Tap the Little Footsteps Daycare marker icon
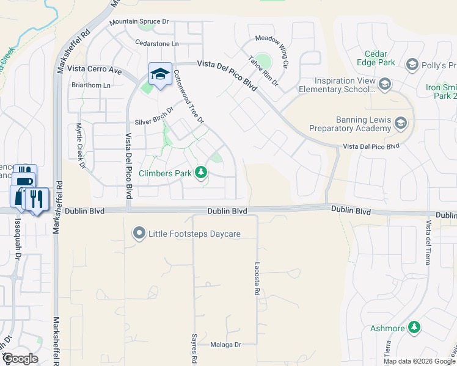tap(139, 233)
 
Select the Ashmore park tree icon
tap(415, 328)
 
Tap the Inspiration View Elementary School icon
tap(384, 84)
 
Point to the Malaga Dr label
tap(226, 345)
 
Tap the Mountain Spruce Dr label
tap(139, 22)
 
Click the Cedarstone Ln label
tap(157, 43)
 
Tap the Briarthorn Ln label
tap(91, 85)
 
